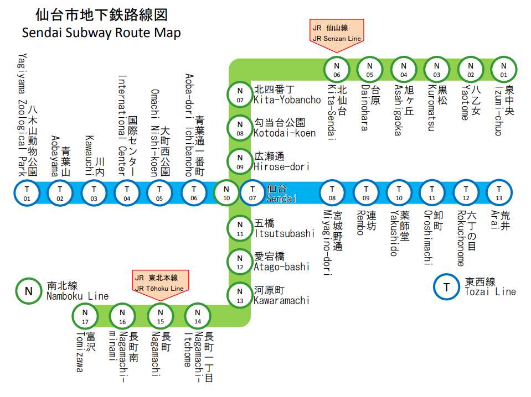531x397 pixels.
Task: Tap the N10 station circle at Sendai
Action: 226,193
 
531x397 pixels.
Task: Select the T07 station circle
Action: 252,193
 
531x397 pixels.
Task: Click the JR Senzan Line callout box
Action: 337,32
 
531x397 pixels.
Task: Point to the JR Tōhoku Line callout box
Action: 160,282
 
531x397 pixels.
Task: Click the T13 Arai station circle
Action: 498,193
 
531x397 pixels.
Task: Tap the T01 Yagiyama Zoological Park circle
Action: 27,193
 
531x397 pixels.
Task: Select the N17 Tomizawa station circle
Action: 85,316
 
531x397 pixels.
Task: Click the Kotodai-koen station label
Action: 285,128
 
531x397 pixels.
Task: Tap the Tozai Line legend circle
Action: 446,286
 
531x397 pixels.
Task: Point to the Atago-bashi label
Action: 281,262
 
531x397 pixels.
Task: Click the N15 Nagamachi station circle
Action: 160,316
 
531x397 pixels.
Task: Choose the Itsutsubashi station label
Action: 283,228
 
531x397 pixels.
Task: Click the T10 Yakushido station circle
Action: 399,193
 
